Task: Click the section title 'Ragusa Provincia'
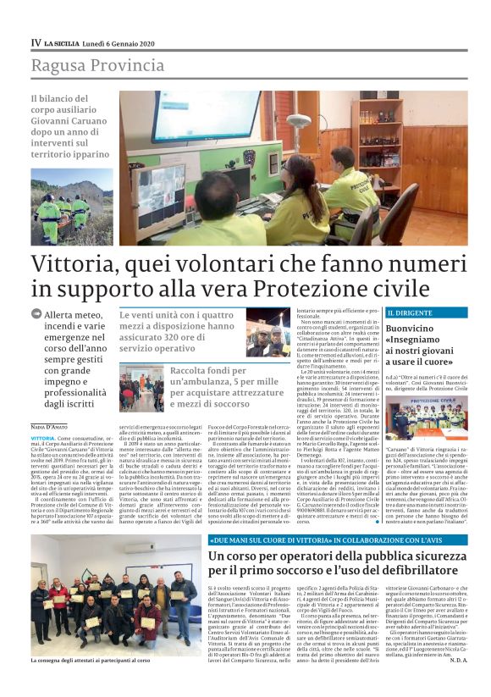coord(86,65)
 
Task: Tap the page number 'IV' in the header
coord(36,42)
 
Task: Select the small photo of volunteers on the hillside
coord(72,207)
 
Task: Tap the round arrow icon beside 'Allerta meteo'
coord(36,313)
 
